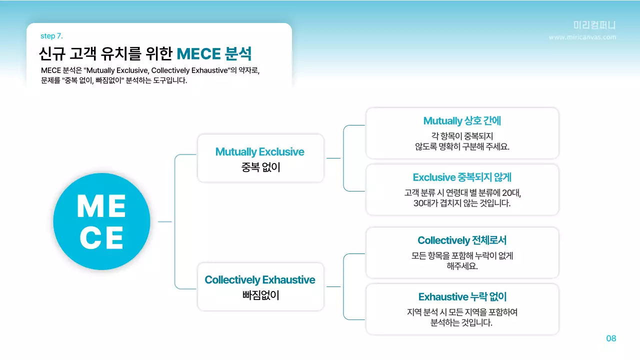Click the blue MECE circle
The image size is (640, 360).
tap(101, 221)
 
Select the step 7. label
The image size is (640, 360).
tap(51, 36)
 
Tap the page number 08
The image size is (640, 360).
tap(611, 338)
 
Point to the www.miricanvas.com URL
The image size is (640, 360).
tap(582, 37)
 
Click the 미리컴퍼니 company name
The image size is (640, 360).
tap(594, 25)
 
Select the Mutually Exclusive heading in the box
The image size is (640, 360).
tap(259, 151)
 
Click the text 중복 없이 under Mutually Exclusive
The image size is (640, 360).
tap(260, 167)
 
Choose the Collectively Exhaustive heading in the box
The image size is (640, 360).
tap(260, 279)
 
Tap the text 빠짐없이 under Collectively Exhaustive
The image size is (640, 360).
tap(260, 295)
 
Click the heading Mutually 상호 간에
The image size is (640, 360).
tap(462, 120)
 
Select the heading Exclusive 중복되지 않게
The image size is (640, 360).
tap(462, 177)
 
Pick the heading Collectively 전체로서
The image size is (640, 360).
tap(462, 240)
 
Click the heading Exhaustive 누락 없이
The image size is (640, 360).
tap(462, 296)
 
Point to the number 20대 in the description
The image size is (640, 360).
tap(510, 192)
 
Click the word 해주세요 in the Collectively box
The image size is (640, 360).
tap(462, 266)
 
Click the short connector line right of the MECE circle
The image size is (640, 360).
tap(164, 221)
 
